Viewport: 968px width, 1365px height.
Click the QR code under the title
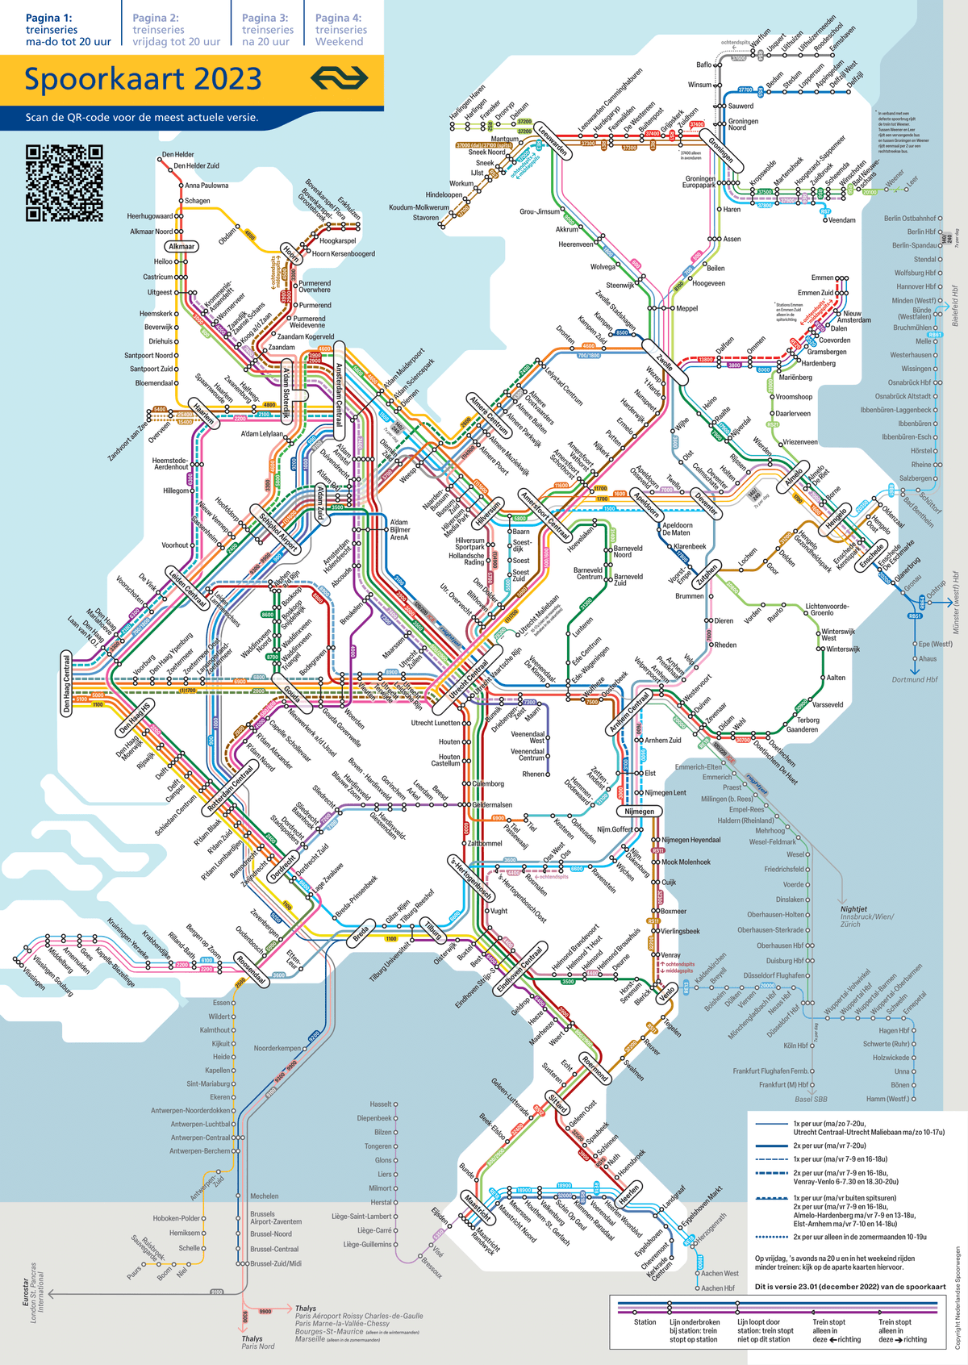click(65, 183)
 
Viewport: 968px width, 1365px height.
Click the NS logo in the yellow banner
click(340, 78)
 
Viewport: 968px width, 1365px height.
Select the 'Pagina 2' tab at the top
click(176, 29)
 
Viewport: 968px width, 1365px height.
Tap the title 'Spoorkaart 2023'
click(143, 79)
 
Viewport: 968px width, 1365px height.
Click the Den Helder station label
click(177, 154)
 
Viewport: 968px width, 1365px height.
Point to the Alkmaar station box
click(181, 246)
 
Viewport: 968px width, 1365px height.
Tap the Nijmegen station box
click(639, 812)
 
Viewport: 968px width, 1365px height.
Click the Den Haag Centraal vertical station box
click(67, 684)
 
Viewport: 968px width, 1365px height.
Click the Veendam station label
click(841, 220)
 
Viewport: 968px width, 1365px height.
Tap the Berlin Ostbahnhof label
click(910, 219)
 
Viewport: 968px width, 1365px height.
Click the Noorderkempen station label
click(277, 1049)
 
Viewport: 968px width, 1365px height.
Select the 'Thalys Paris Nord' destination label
click(258, 1342)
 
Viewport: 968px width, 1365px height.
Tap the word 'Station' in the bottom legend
click(645, 1322)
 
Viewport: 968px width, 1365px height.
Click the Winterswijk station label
click(843, 649)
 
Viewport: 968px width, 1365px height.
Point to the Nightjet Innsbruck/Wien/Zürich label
click(866, 916)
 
